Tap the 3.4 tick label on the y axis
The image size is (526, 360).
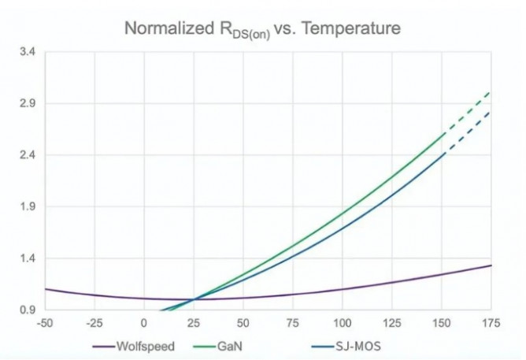click(28, 52)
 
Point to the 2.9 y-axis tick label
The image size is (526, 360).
click(28, 103)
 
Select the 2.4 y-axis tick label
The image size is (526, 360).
click(28, 155)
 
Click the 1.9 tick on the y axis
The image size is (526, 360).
click(28, 206)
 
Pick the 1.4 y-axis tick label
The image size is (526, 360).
click(28, 258)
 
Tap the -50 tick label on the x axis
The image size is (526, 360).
click(45, 323)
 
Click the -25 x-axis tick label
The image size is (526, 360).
click(94, 323)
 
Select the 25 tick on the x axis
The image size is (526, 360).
click(194, 323)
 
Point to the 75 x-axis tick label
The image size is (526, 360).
click(293, 323)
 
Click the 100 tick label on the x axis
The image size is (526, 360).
click(343, 323)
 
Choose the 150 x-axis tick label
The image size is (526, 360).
click(442, 323)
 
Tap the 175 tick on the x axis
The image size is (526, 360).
click(491, 323)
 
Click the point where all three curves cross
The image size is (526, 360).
click(194, 299)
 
